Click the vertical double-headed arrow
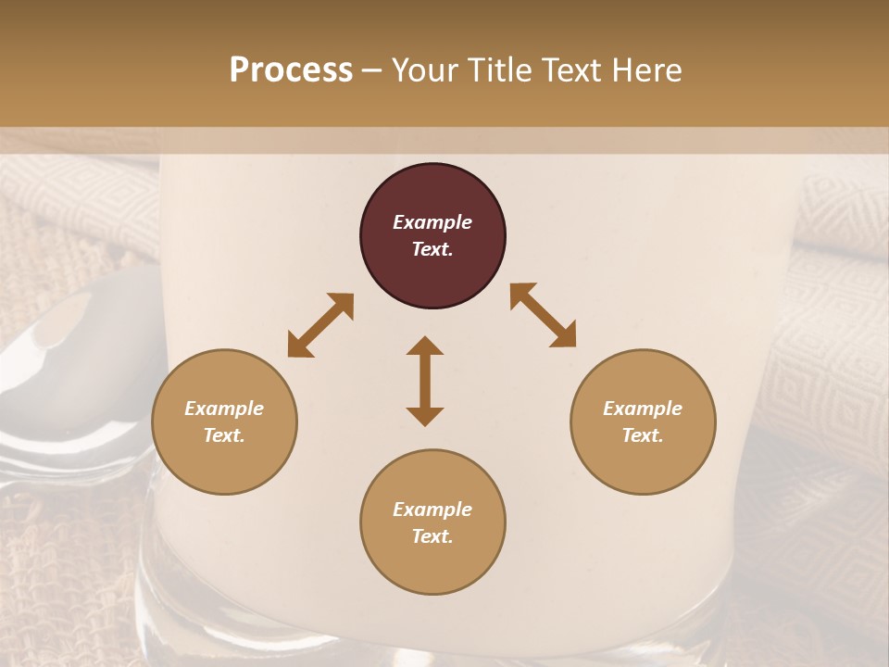click(x=425, y=381)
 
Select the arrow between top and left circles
click(x=320, y=325)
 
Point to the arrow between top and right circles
click(x=543, y=315)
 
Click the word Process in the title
click(x=291, y=70)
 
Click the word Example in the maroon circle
click(x=432, y=222)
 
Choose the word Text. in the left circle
click(x=224, y=435)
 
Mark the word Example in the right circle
click(x=643, y=409)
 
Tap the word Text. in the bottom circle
click(x=432, y=536)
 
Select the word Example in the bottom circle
click(x=432, y=510)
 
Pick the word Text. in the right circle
click(x=643, y=435)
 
